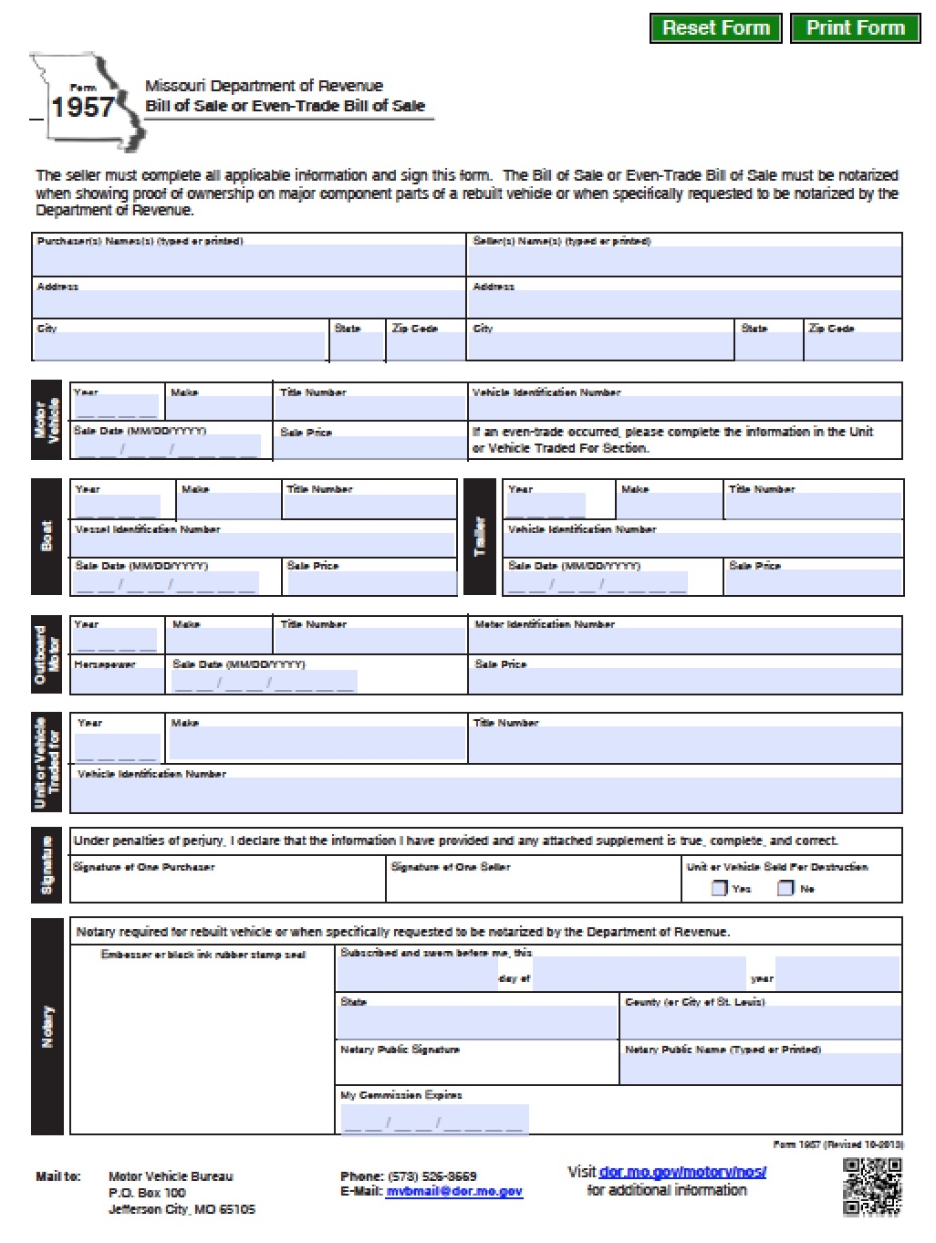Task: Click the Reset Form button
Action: (715, 28)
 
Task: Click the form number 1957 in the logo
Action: (82, 108)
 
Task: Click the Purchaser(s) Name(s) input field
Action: (248, 260)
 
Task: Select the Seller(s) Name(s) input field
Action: (684, 260)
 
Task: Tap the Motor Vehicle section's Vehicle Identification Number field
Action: (684, 408)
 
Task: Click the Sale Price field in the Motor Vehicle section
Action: (369, 447)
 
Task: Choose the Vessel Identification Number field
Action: (265, 545)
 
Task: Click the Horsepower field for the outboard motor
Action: (118, 681)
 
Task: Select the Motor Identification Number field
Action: (684, 642)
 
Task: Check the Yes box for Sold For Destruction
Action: (720, 888)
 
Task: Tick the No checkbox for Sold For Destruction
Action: (785, 888)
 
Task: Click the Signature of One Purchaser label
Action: (144, 867)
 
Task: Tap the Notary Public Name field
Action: (760, 1069)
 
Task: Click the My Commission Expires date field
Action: (434, 1120)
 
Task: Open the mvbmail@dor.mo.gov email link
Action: (453, 1192)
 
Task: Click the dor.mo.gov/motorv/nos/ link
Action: (682, 1172)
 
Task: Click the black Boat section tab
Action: (47, 537)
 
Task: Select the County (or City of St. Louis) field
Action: (760, 1022)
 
